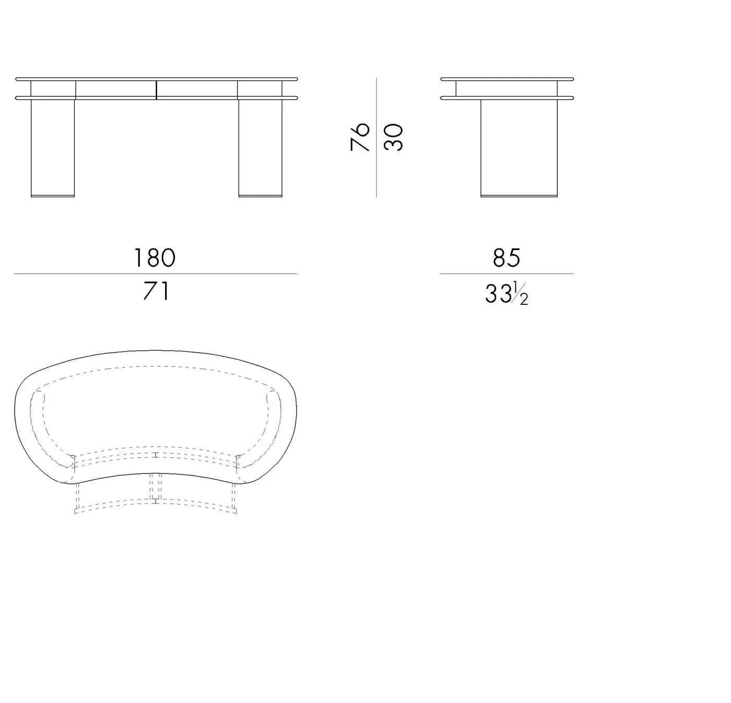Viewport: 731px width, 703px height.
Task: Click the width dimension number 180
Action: (x=155, y=258)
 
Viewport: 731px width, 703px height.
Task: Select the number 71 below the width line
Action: (x=156, y=291)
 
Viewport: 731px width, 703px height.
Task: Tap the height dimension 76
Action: (x=360, y=137)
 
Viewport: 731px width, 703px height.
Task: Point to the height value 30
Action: (x=393, y=137)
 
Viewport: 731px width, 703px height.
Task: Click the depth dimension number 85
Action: (x=506, y=258)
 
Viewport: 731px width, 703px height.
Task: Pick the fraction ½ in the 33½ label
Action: (x=521, y=293)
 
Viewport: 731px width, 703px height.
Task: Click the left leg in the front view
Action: (x=53, y=148)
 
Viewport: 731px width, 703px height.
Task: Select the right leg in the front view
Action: (x=261, y=148)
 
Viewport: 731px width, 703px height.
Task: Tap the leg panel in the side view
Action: (x=519, y=148)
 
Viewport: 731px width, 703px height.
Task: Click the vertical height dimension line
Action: (x=376, y=137)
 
